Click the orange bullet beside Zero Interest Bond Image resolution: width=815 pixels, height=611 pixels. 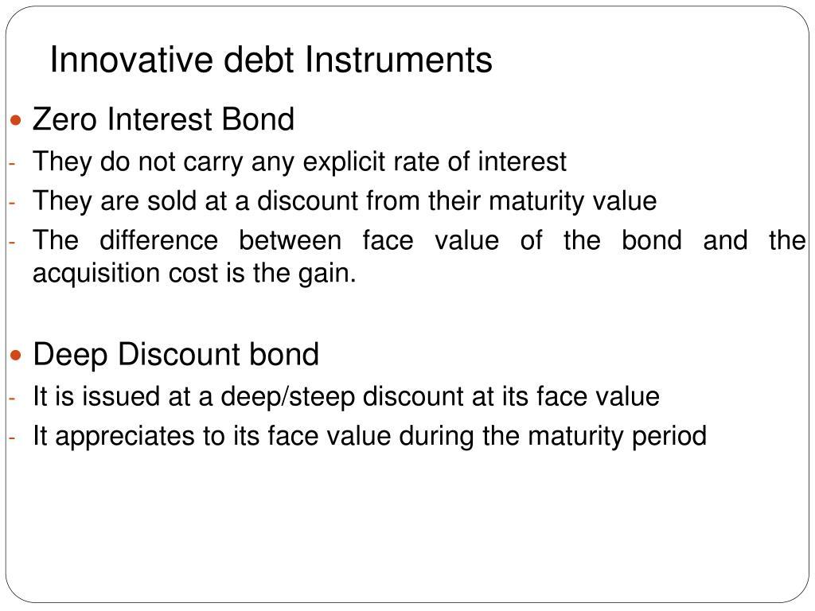[16, 121]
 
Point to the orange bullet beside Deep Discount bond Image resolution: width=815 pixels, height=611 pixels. [16, 356]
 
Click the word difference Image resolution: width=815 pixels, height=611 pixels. [158, 240]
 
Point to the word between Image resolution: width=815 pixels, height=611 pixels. [290, 240]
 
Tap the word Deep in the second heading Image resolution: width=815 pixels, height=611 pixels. [70, 354]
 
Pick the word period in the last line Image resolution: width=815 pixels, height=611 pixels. [669, 436]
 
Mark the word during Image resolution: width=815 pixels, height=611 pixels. [436, 436]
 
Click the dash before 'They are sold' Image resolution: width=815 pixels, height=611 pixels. [13, 203]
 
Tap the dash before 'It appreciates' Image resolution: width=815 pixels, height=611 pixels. [13, 438]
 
